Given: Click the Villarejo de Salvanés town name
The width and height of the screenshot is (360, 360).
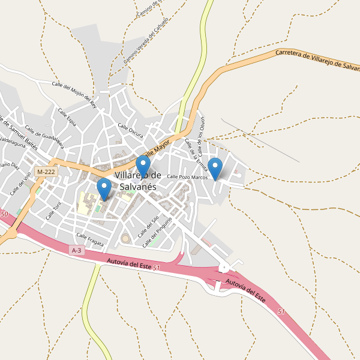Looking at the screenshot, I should point(137,181).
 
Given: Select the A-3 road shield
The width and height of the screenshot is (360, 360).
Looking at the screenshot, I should point(76,250).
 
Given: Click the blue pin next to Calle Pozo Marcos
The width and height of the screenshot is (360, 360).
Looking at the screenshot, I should point(215,168).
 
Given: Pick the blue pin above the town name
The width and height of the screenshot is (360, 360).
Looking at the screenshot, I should point(143,166).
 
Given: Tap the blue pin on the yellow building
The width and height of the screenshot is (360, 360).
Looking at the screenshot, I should point(104,188).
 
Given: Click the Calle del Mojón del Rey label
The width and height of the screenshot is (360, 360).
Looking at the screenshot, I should point(74,94).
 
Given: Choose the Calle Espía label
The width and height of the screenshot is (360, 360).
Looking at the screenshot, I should point(67,117).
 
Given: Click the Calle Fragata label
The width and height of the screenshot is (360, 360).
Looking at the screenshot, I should point(90,239).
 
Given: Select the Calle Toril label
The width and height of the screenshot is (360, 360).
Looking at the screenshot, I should point(53,210).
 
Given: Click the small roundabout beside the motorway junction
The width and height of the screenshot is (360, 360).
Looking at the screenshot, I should point(224,268).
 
